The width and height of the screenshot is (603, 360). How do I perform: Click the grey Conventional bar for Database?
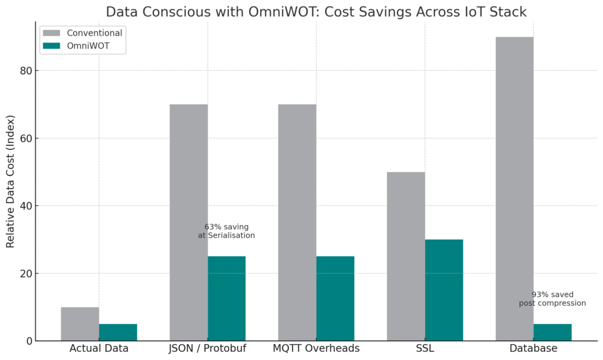[515, 189]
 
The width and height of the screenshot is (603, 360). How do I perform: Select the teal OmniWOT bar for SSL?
[444, 290]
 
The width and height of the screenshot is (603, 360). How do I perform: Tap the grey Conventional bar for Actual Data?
[80, 323]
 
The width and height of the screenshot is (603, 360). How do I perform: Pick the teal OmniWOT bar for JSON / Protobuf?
[227, 298]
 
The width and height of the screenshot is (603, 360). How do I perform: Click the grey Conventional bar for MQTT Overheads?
[297, 222]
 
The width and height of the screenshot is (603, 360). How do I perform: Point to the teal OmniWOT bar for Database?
[552, 332]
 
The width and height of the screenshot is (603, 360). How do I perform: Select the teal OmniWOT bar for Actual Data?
[118, 332]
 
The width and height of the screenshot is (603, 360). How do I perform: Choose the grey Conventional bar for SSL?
[406, 256]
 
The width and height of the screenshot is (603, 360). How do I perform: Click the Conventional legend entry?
[82, 33]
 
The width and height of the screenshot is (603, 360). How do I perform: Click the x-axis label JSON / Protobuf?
[207, 349]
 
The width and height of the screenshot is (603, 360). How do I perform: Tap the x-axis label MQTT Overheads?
[316, 349]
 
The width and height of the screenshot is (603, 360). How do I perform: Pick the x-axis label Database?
[534, 349]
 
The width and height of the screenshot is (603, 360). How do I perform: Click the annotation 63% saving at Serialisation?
[227, 231]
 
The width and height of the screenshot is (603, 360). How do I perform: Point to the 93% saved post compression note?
[552, 299]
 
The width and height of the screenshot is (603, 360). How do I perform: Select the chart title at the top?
[316, 12]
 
